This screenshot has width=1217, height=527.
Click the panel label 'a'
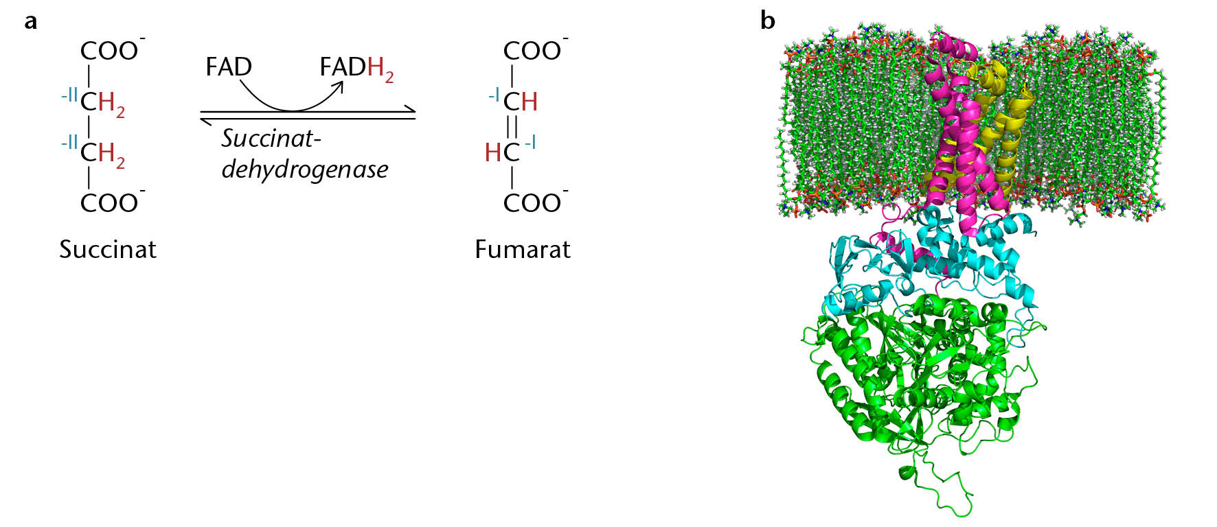click(x=30, y=21)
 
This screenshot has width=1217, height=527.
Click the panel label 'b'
click(x=767, y=20)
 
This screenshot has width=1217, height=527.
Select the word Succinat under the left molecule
click(x=108, y=249)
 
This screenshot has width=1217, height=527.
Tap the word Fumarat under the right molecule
click(x=523, y=249)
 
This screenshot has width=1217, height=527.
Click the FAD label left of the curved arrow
click(x=229, y=67)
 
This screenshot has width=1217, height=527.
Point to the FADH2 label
click(x=356, y=69)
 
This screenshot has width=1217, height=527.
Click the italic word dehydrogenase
click(x=304, y=169)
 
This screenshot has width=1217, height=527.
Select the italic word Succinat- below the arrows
click(x=271, y=139)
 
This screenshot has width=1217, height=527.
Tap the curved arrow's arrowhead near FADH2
click(x=339, y=87)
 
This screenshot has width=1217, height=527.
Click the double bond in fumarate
click(x=512, y=127)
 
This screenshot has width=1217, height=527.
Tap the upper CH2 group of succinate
click(x=102, y=103)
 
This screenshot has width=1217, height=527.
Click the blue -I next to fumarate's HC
click(x=530, y=143)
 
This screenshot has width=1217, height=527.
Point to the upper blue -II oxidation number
click(x=69, y=95)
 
